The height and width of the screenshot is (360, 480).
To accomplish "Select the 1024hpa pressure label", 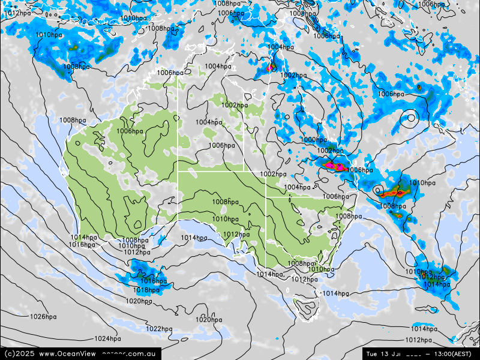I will coord(107,339).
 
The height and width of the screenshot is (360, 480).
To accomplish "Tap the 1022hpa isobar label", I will coord(159,329).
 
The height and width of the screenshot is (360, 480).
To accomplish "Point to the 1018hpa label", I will coord(146,290).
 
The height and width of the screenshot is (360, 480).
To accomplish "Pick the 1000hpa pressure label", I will coord(313,140).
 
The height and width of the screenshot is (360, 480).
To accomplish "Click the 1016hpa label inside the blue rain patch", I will coord(154,281).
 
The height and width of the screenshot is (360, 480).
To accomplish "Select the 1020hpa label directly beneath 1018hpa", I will coord(139,301).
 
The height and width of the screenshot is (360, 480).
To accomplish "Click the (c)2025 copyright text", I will coord(19,354).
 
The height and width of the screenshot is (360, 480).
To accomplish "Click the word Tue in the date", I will coord(372,354).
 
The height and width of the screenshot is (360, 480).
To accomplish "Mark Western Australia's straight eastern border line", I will coord(178,150).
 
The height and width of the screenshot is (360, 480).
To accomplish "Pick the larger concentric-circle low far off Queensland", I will coord(410,118).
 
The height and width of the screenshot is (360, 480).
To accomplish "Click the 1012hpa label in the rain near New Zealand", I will coord(434,277).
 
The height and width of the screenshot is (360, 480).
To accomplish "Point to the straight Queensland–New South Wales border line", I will coord(300,197).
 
